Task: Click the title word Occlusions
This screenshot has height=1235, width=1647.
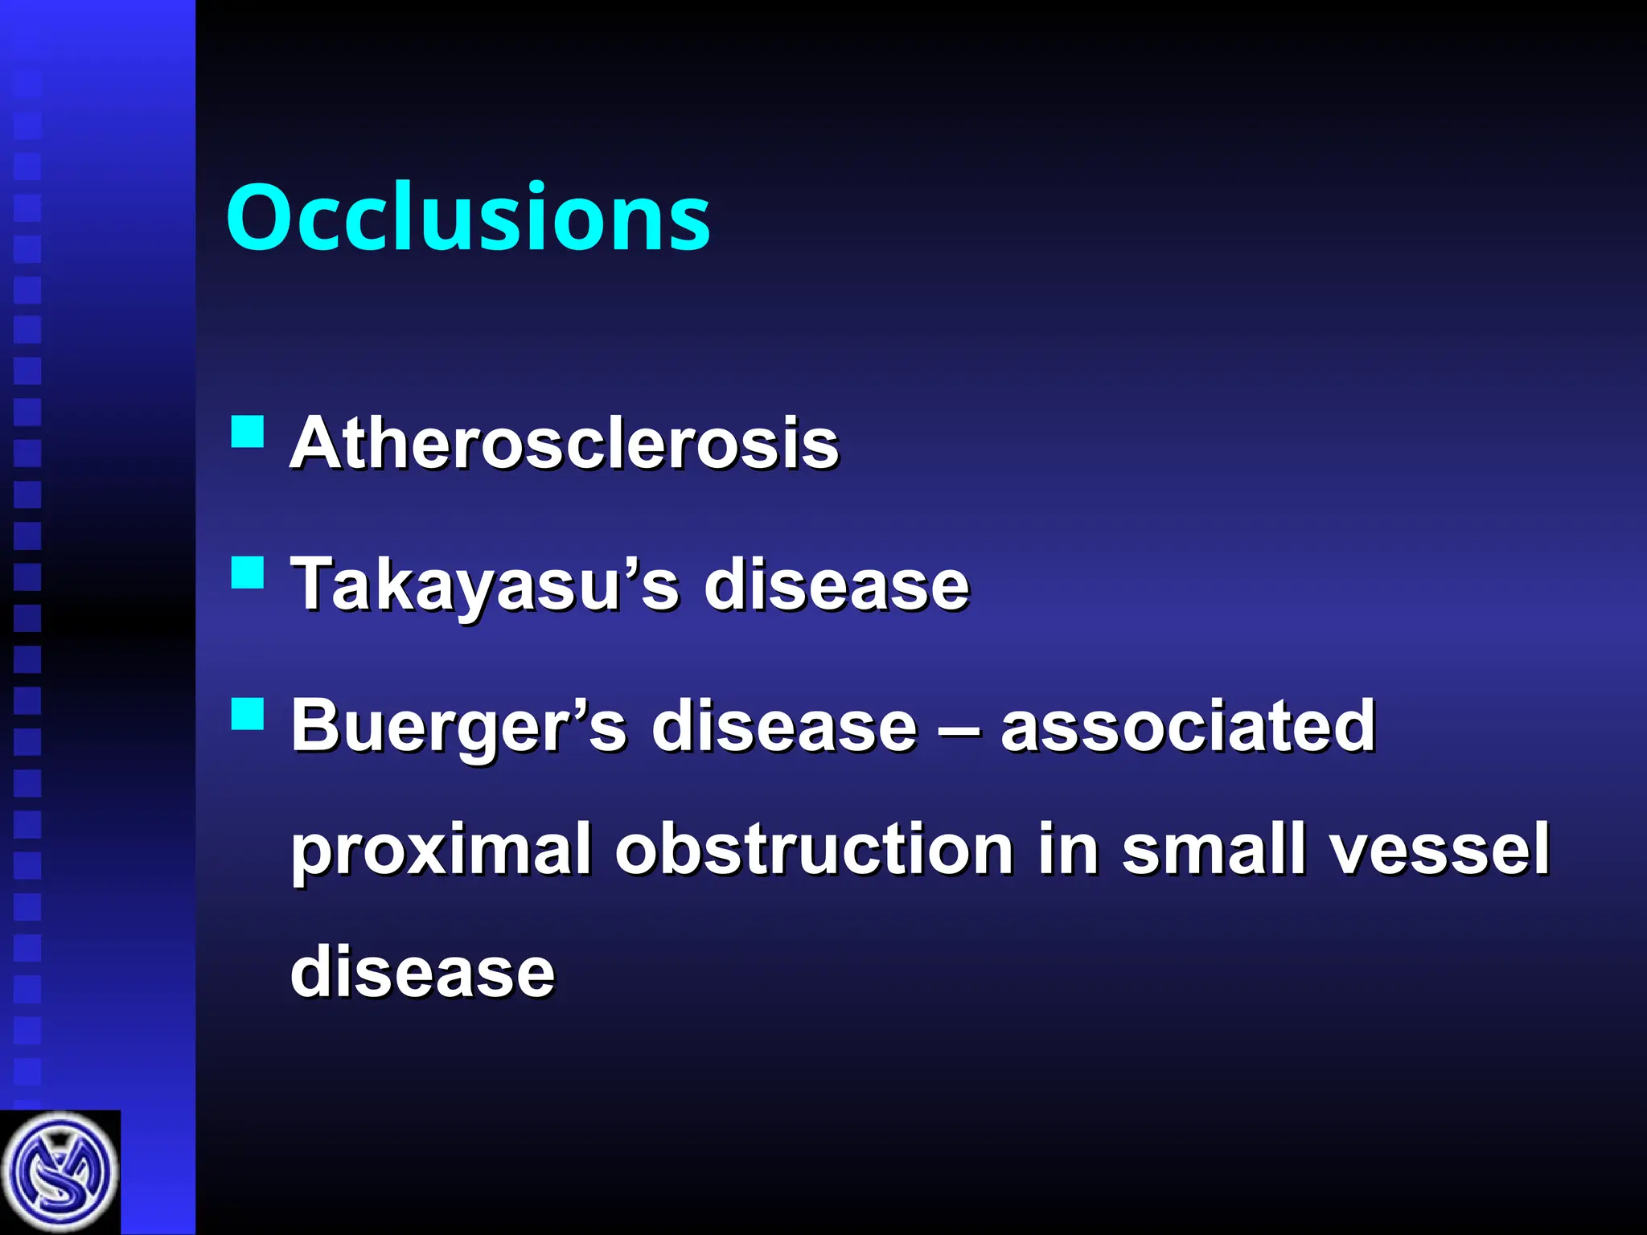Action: pyautogui.click(x=468, y=217)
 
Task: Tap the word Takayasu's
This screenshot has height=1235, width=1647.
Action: pyautogui.click(x=484, y=585)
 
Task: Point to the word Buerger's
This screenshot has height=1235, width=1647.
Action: pyautogui.click(x=458, y=726)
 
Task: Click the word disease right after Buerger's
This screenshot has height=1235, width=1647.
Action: pyautogui.click(x=783, y=725)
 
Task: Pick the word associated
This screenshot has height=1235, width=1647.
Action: pyautogui.click(x=1188, y=725)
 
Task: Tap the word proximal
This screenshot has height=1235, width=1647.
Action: pyautogui.click(x=441, y=851)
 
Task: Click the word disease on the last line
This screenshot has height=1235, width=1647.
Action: pyautogui.click(x=422, y=971)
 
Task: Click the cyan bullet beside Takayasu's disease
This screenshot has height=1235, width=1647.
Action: pyautogui.click(x=247, y=573)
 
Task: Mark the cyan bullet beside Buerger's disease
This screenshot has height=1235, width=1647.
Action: pyautogui.click(x=247, y=713)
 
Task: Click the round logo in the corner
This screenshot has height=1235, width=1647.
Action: pyautogui.click(x=60, y=1172)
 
